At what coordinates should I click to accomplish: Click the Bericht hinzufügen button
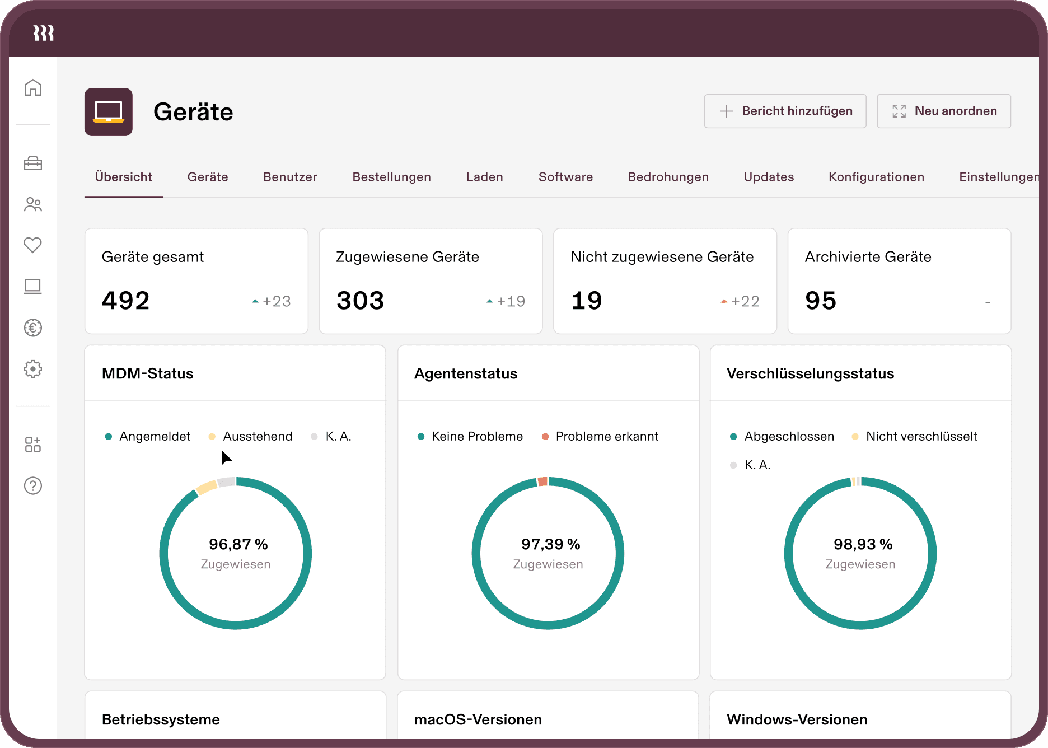point(785,111)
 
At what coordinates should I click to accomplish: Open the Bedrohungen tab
point(668,177)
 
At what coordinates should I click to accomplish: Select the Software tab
point(565,177)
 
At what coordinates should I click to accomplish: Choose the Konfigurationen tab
point(876,177)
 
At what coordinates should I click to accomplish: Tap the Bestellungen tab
point(391,177)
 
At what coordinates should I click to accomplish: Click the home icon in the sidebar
point(33,87)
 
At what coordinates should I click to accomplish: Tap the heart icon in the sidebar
point(33,245)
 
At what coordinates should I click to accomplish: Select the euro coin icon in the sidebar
point(33,328)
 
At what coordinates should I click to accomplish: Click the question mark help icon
point(33,486)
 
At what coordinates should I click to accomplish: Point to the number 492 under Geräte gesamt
point(126,301)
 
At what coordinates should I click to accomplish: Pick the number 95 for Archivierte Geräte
point(821,301)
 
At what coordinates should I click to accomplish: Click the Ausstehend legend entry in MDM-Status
point(257,436)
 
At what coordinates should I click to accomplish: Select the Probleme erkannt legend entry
point(606,436)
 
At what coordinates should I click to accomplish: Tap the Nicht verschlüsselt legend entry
point(921,436)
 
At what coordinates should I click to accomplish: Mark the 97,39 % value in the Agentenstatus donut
point(550,544)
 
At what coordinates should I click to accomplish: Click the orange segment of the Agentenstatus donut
point(542,481)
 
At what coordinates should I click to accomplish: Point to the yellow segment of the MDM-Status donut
point(207,487)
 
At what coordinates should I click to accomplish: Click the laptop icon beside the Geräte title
point(109,112)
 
